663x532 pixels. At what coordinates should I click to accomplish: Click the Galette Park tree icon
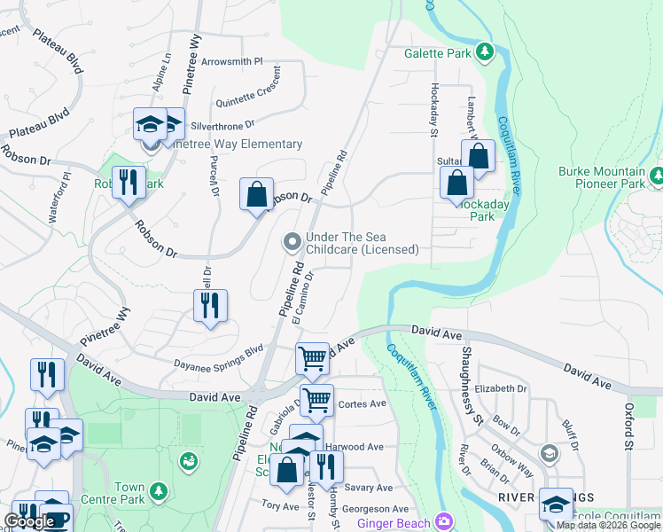point(485,53)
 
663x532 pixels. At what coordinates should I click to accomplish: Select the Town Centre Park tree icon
point(159,490)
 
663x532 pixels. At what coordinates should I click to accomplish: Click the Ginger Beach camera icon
point(443,521)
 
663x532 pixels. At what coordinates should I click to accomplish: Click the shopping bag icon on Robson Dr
point(256,194)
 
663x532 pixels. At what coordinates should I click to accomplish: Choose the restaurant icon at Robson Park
point(129,184)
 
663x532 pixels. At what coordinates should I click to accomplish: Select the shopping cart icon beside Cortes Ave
point(316,399)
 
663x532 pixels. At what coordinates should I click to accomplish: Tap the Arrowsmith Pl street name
point(232,62)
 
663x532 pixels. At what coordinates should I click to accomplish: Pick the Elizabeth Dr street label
point(501,388)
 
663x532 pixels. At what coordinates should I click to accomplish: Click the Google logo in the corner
point(29,521)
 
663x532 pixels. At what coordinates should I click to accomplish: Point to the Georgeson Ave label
point(376,509)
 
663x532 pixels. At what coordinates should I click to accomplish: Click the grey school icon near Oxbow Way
point(549,455)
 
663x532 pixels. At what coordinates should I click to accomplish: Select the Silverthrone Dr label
point(222,125)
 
